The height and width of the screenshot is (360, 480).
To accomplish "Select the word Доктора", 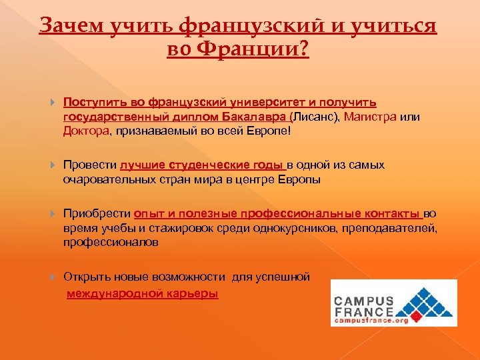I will point(85,131).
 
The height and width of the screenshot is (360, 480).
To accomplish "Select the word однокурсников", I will point(296,229).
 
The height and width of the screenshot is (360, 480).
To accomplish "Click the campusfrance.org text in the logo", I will point(370,320).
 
